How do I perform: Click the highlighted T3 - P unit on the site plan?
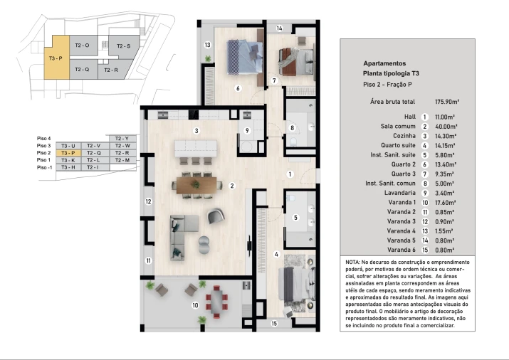55,58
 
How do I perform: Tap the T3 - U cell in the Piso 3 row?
68,145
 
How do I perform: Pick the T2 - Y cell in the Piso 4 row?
121,138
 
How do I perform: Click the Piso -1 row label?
44,167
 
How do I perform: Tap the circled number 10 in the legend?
424,202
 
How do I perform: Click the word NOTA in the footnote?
354,263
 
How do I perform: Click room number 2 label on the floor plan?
232,186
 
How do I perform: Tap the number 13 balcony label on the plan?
207,45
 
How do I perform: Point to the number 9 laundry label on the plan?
247,130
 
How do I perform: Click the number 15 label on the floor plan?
274,324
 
